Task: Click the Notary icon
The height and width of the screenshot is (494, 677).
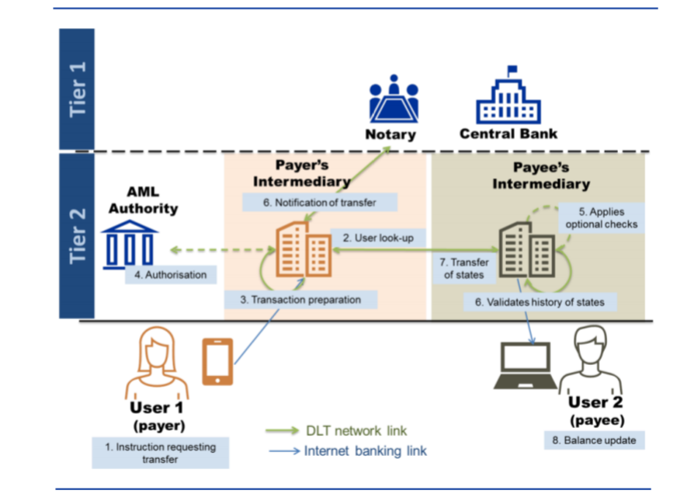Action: (392, 99)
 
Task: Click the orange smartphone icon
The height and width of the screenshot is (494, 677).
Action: (218, 362)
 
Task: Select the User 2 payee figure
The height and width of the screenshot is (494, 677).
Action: (593, 362)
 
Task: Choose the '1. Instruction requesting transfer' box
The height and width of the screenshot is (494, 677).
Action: (161, 453)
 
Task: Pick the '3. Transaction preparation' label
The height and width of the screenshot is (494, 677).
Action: (300, 299)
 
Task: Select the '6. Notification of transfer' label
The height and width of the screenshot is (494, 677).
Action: (320, 202)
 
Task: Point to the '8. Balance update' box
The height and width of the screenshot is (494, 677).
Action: (595, 440)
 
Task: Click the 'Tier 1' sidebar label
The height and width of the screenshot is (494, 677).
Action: (78, 89)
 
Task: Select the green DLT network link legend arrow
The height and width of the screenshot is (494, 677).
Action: (281, 431)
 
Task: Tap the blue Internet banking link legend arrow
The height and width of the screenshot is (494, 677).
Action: (281, 451)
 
